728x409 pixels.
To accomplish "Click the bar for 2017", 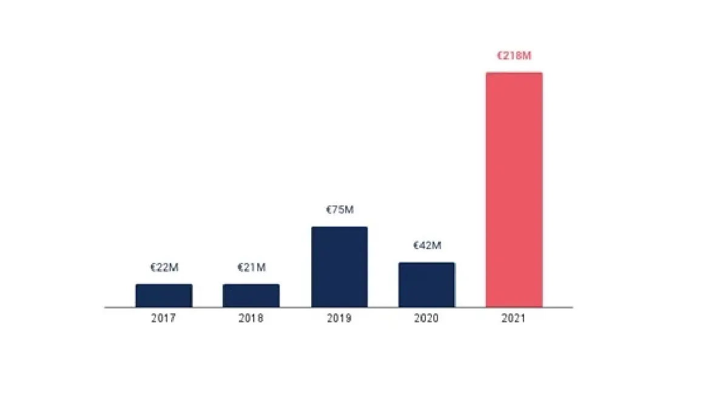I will click(164, 296).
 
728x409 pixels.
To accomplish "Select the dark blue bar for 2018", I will click(251, 296).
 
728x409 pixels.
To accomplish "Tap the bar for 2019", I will click(339, 267).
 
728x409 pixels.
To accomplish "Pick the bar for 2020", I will click(426, 285).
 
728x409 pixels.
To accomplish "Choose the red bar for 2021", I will click(514, 190).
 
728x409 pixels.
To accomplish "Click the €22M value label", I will click(164, 268).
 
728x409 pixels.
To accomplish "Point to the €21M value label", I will click(251, 268).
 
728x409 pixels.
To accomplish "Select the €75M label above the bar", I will click(340, 210).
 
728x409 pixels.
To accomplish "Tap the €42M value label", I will click(427, 245).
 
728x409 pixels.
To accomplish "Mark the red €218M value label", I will click(514, 56).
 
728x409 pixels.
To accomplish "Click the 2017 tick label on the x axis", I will click(164, 318).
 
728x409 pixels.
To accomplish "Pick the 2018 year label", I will click(251, 318).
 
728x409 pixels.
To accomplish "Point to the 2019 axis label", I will click(339, 318).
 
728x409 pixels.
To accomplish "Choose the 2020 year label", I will click(426, 318).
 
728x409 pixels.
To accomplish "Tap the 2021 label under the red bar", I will click(514, 318).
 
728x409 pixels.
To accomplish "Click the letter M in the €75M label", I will click(348, 210).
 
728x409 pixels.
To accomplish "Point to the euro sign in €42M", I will click(416, 245).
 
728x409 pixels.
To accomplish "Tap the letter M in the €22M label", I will click(174, 268).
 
